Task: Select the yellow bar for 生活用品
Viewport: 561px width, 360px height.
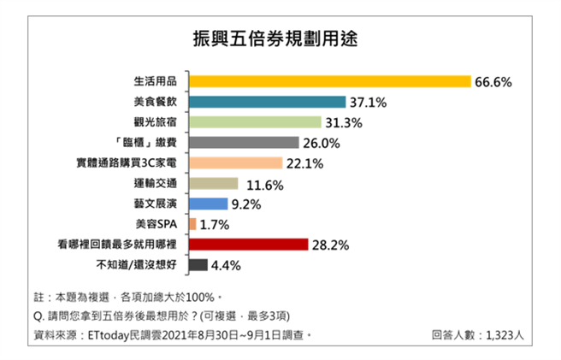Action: tap(329, 81)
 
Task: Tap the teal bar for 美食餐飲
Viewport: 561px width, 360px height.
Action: tap(267, 102)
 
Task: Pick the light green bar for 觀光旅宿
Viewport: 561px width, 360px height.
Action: tap(254, 122)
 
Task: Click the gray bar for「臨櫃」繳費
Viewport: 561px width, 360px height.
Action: tap(243, 143)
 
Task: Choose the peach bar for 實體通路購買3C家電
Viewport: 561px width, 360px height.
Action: tap(234, 163)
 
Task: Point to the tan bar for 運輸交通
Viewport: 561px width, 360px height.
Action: tap(212, 184)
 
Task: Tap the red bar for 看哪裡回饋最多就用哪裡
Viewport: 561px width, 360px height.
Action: tap(247, 245)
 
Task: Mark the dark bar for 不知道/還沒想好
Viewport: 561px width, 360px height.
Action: tap(197, 265)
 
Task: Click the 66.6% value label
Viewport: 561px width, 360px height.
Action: tap(493, 82)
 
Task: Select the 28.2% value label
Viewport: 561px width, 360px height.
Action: tap(330, 245)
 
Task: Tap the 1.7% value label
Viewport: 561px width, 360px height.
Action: tap(216, 225)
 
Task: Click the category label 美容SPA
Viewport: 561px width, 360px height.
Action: tap(160, 225)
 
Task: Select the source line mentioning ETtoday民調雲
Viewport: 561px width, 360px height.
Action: tap(171, 334)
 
